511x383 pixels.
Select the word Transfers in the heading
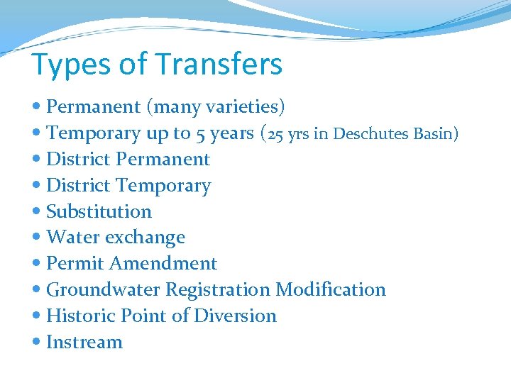pyautogui.click(x=219, y=64)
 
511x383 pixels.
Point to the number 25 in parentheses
pyautogui.click(x=276, y=133)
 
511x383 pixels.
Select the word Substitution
pyautogui.click(x=99, y=211)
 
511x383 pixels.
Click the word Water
pyautogui.click(x=72, y=238)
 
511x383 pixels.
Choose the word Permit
pyautogui.click(x=75, y=264)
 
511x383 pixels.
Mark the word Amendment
pyautogui.click(x=163, y=264)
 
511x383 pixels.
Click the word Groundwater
pyautogui.click(x=103, y=289)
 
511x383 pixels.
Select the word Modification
pyautogui.click(x=331, y=289)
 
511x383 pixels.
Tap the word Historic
pyautogui.click(x=82, y=316)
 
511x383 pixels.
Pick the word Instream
pyautogui.click(x=84, y=342)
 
